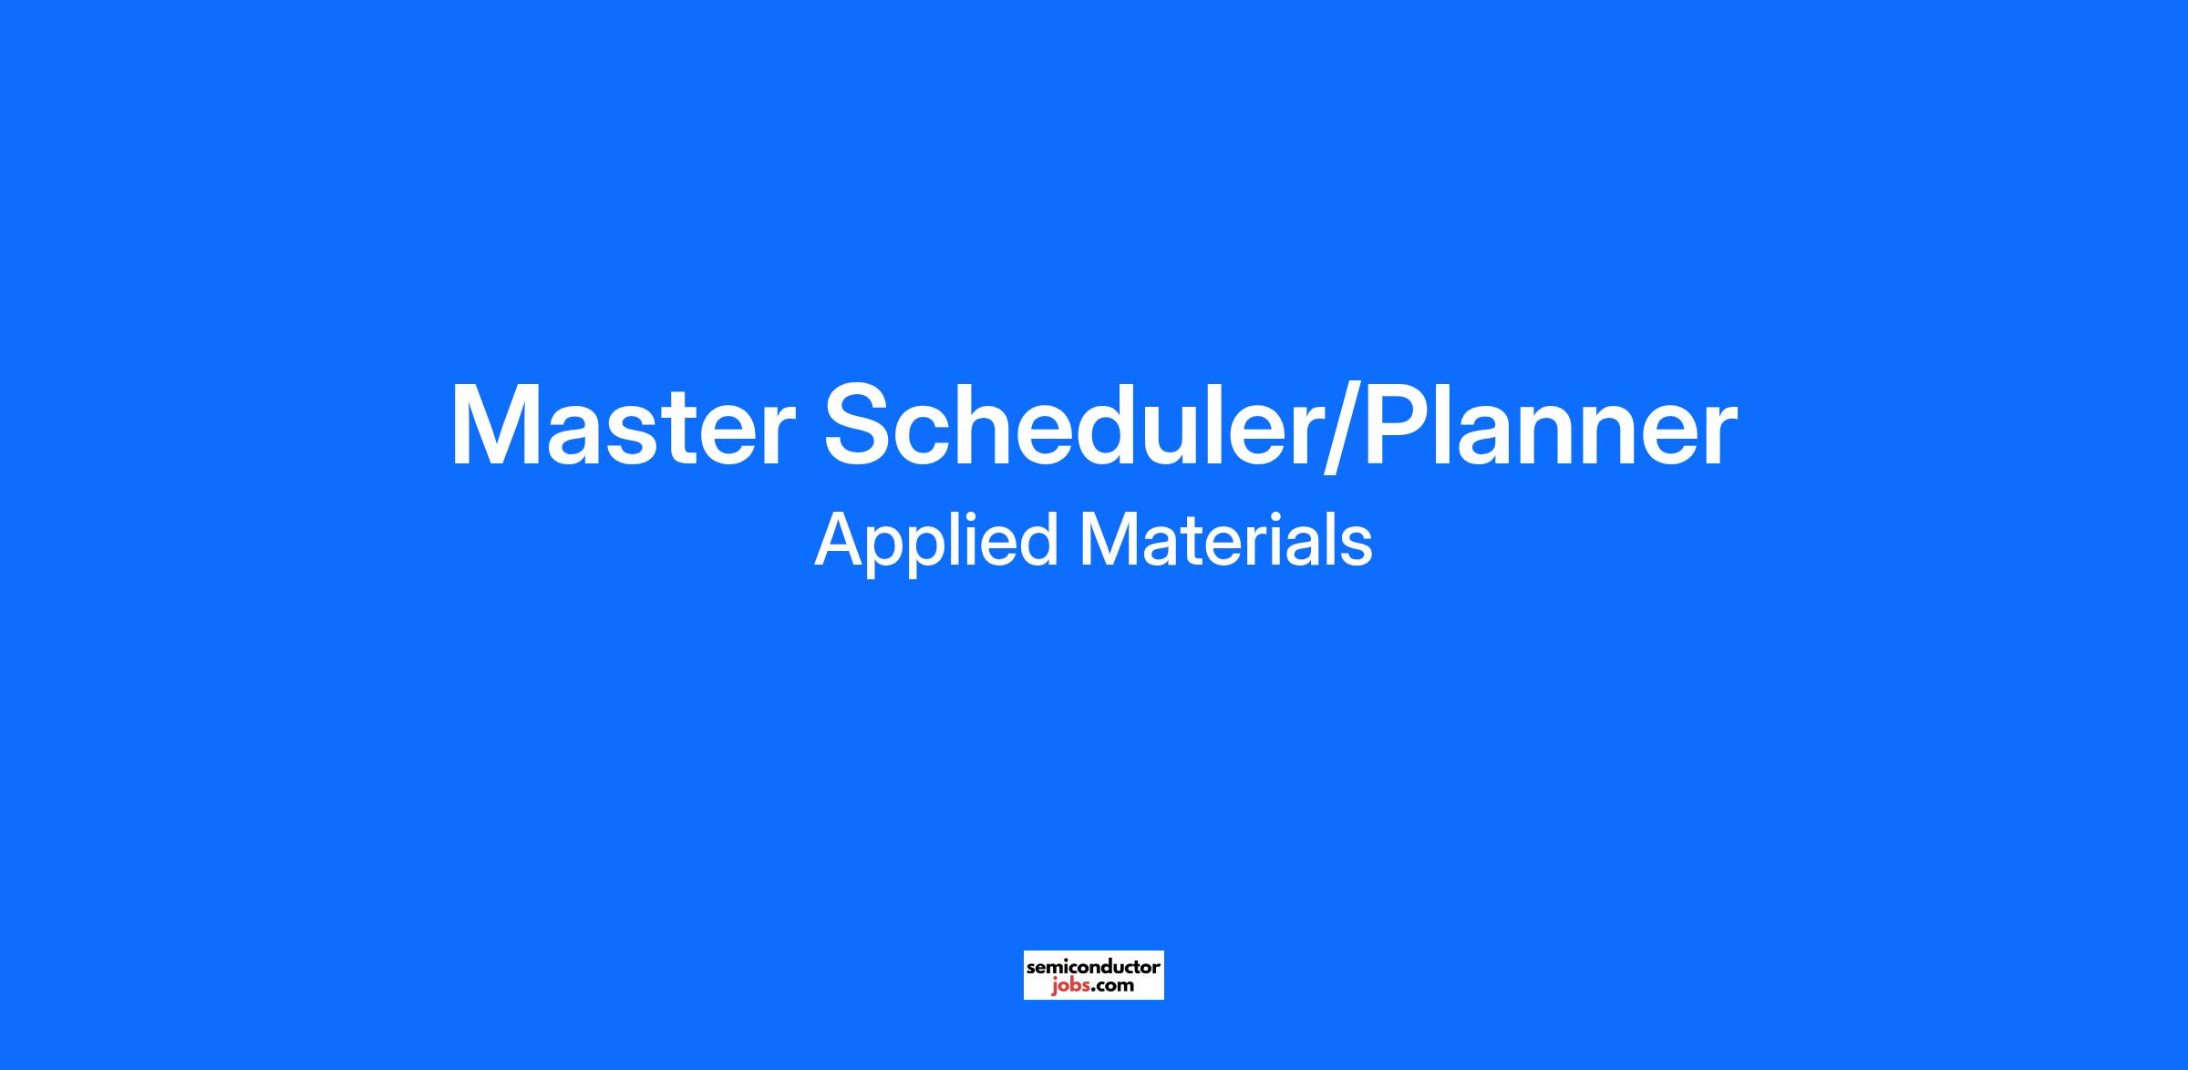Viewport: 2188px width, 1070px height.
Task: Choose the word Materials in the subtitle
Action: pyautogui.click(x=1226, y=540)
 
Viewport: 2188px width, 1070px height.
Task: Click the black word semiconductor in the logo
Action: pyautogui.click(x=1093, y=966)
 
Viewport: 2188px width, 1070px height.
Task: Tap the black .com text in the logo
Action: pyautogui.click(x=1112, y=985)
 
